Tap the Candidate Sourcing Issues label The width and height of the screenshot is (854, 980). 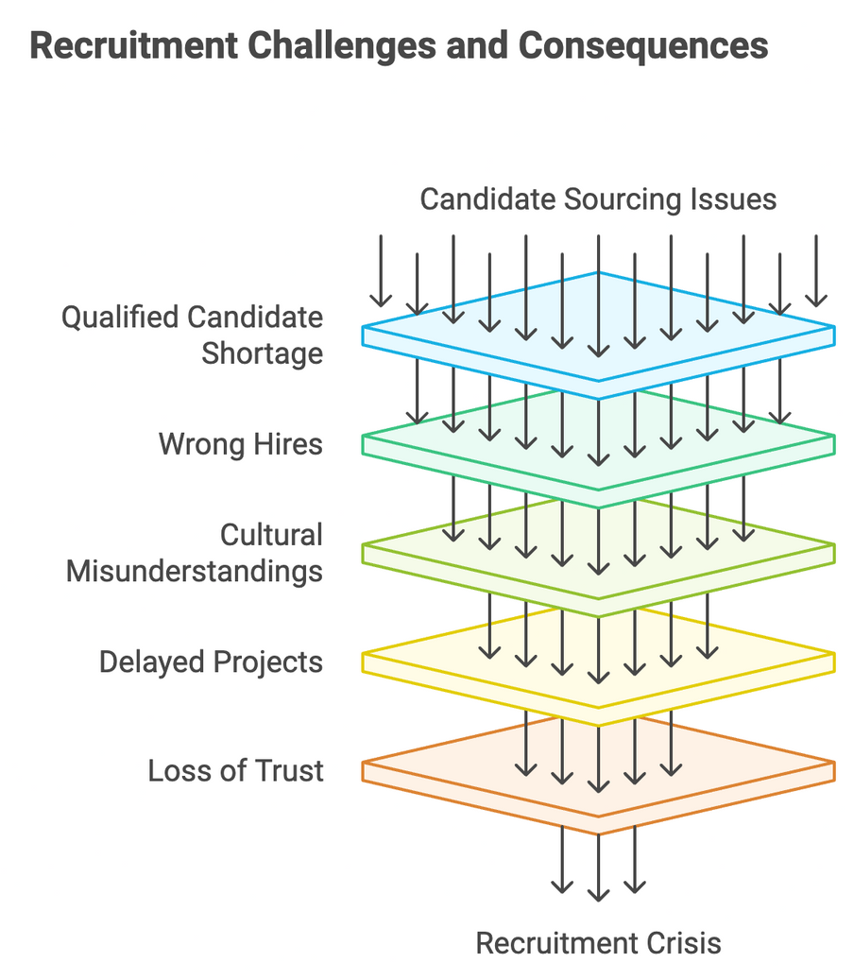coord(598,199)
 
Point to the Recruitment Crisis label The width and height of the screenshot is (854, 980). coord(598,942)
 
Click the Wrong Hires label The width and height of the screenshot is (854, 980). coord(241,443)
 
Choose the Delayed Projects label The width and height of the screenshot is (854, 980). coord(211,662)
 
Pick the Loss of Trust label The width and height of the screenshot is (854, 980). coord(235,770)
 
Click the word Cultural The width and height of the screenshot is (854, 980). coord(271,535)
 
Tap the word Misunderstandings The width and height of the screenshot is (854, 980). coord(194,571)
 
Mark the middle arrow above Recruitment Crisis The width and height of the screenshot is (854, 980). coord(598,865)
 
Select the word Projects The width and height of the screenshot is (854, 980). coord(267,662)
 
